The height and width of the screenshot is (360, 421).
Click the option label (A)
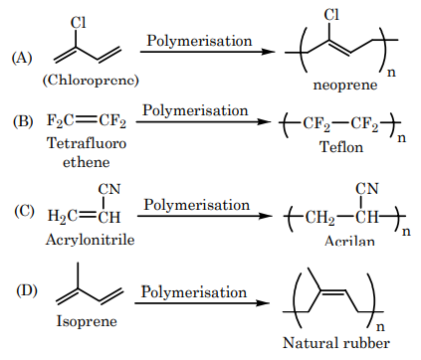pos(22,58)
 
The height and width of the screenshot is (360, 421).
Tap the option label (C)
pos(23,212)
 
